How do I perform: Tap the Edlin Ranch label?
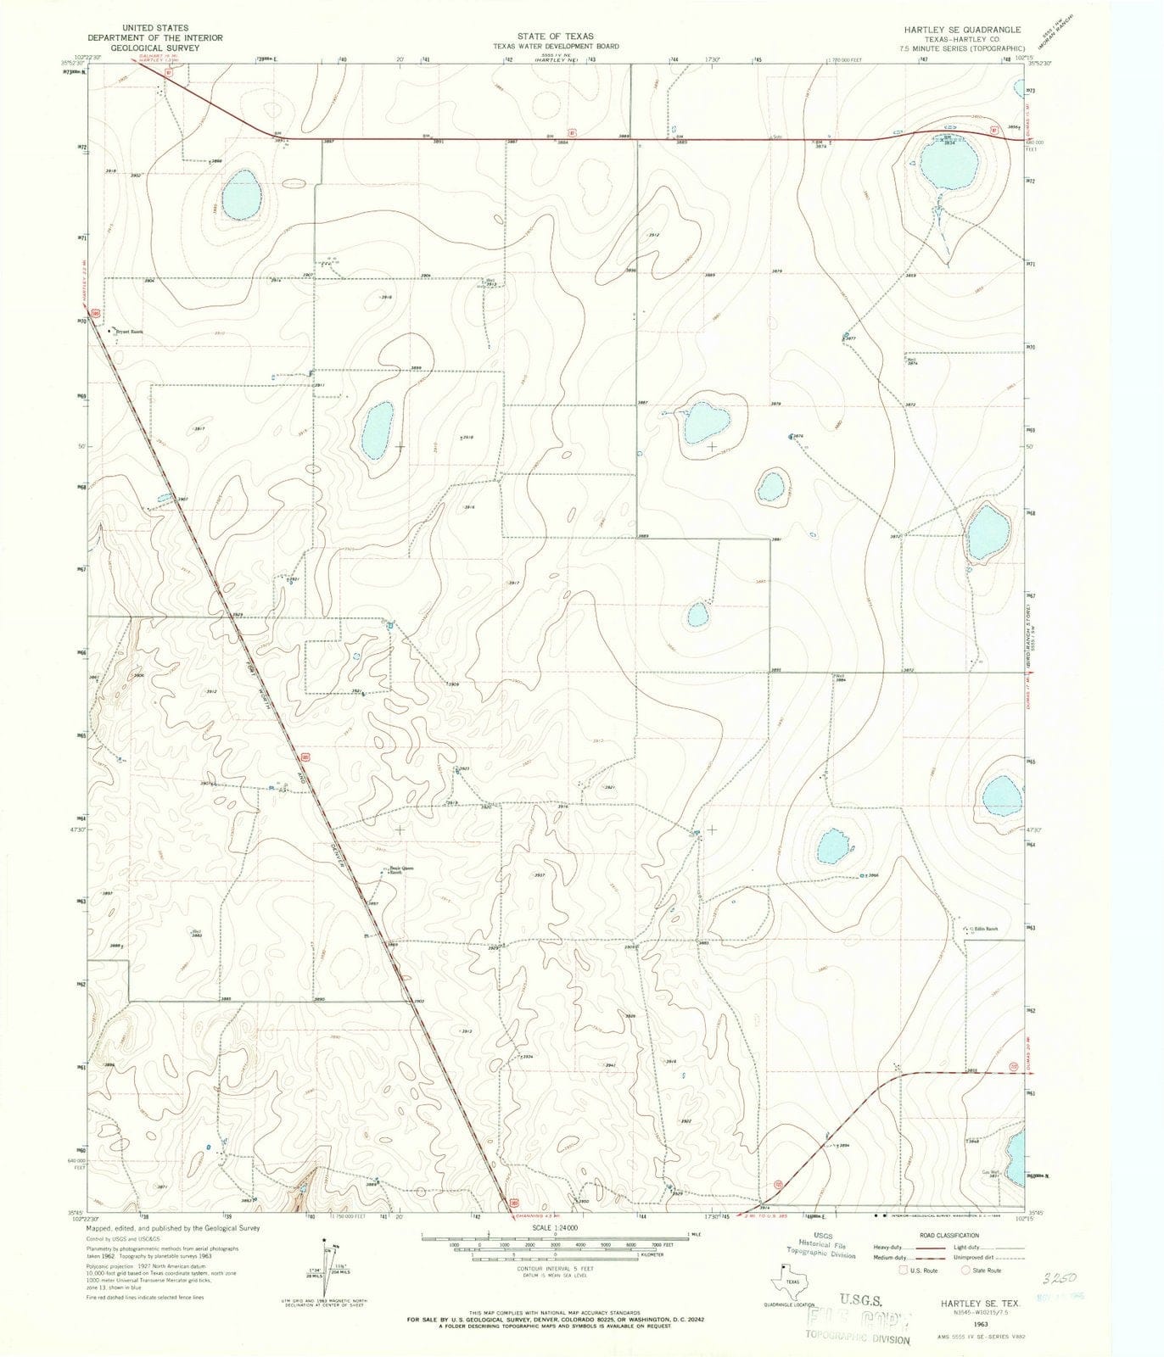(x=985, y=929)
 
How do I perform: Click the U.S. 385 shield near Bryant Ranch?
(x=97, y=313)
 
